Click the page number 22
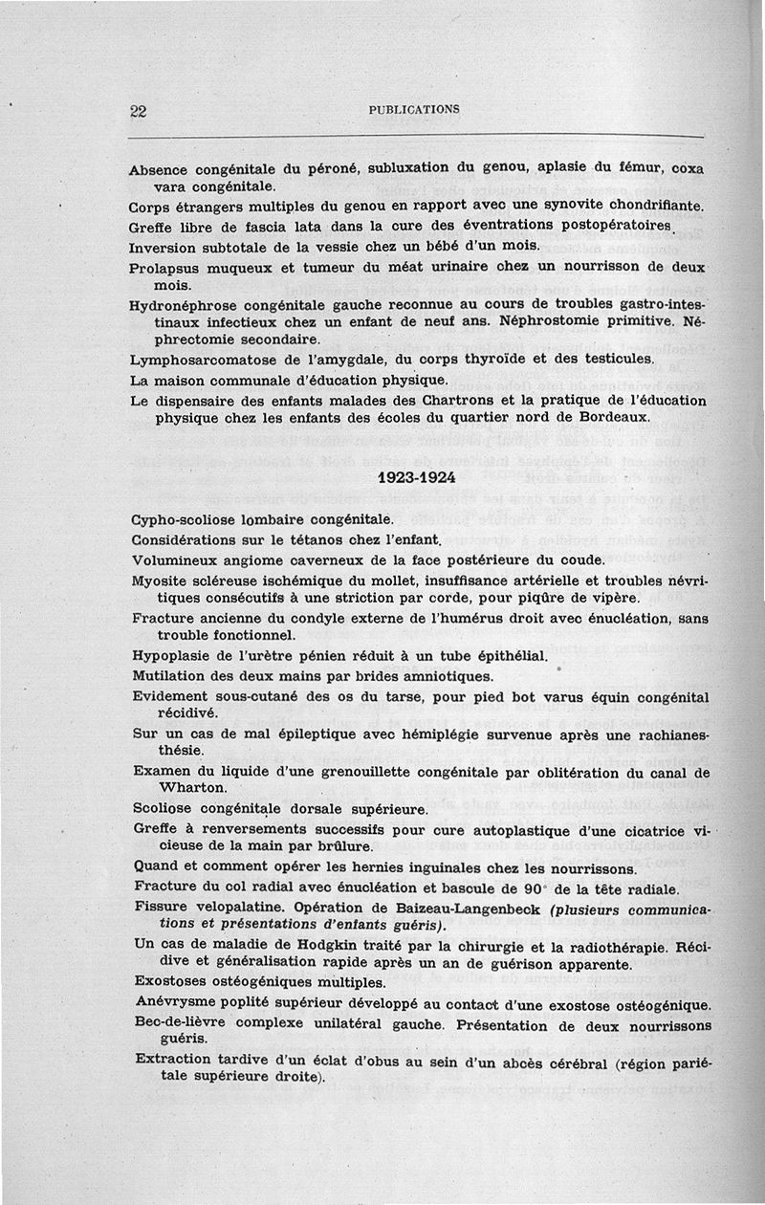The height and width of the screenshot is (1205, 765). (x=138, y=111)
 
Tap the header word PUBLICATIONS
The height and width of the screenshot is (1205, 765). (x=414, y=109)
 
